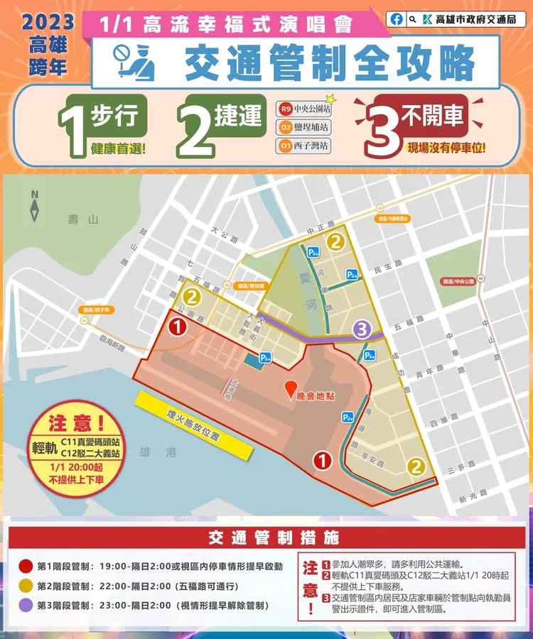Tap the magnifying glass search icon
pos(413,19)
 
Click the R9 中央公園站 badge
pos(305,110)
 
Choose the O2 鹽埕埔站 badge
pos(305,129)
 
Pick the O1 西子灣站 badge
pos(305,147)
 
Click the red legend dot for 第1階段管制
pos(25,566)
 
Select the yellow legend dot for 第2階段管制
pos(25,586)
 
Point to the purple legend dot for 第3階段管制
pos(25,606)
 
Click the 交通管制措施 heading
pos(266,537)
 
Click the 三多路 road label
pos(459,469)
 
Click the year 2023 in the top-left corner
pos(48,21)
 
